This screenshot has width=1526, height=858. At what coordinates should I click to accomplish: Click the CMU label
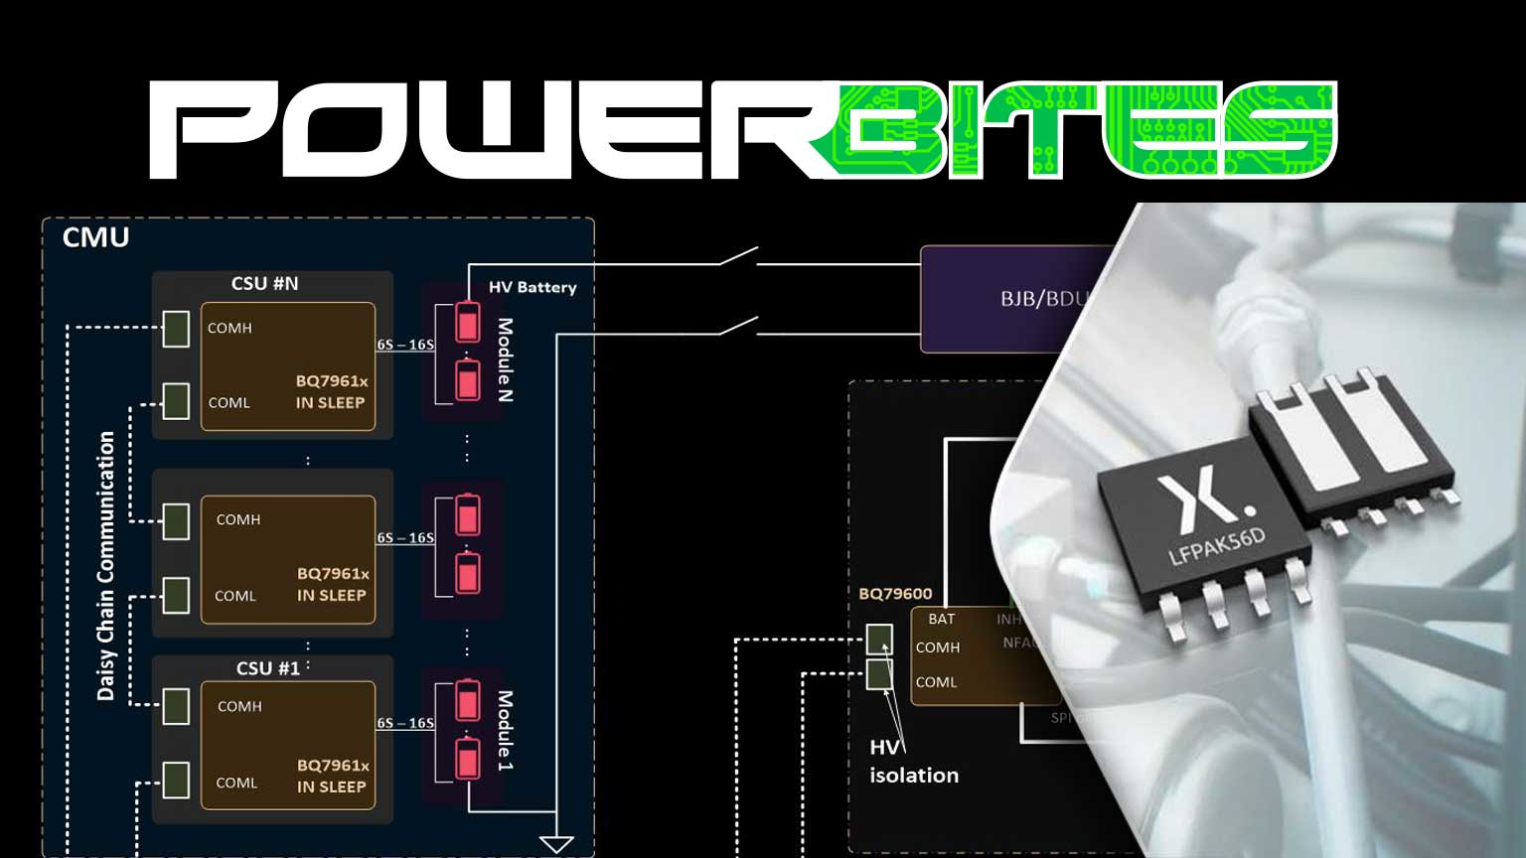tap(95, 238)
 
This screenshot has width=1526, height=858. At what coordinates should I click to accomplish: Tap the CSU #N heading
tap(264, 284)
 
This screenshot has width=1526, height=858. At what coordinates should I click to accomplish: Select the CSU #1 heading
tap(267, 668)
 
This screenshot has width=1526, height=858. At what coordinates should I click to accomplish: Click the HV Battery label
tap(533, 288)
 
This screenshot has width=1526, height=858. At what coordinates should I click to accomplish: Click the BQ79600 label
tap(895, 594)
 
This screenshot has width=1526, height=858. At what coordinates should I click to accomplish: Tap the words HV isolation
tap(913, 762)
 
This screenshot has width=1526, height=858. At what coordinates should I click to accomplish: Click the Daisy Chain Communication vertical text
tap(106, 566)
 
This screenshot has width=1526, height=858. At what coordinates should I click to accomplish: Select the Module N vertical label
tap(506, 359)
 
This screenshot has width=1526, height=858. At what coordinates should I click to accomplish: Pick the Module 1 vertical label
tap(506, 731)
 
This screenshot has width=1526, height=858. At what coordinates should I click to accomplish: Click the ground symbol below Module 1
tap(556, 844)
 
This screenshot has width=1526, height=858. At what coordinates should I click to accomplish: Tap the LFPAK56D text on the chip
tap(1216, 545)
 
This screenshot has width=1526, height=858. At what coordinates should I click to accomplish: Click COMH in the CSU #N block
tap(229, 329)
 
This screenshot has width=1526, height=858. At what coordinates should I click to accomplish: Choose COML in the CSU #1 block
tap(236, 784)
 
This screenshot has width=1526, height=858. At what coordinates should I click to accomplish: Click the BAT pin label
tap(941, 620)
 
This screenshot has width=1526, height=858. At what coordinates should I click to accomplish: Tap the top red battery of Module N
tap(467, 322)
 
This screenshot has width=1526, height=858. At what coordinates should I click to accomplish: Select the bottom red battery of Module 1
tap(467, 760)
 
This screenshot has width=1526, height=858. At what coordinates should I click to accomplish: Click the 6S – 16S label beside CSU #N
tap(405, 346)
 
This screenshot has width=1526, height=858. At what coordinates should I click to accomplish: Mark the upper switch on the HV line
tap(739, 258)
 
